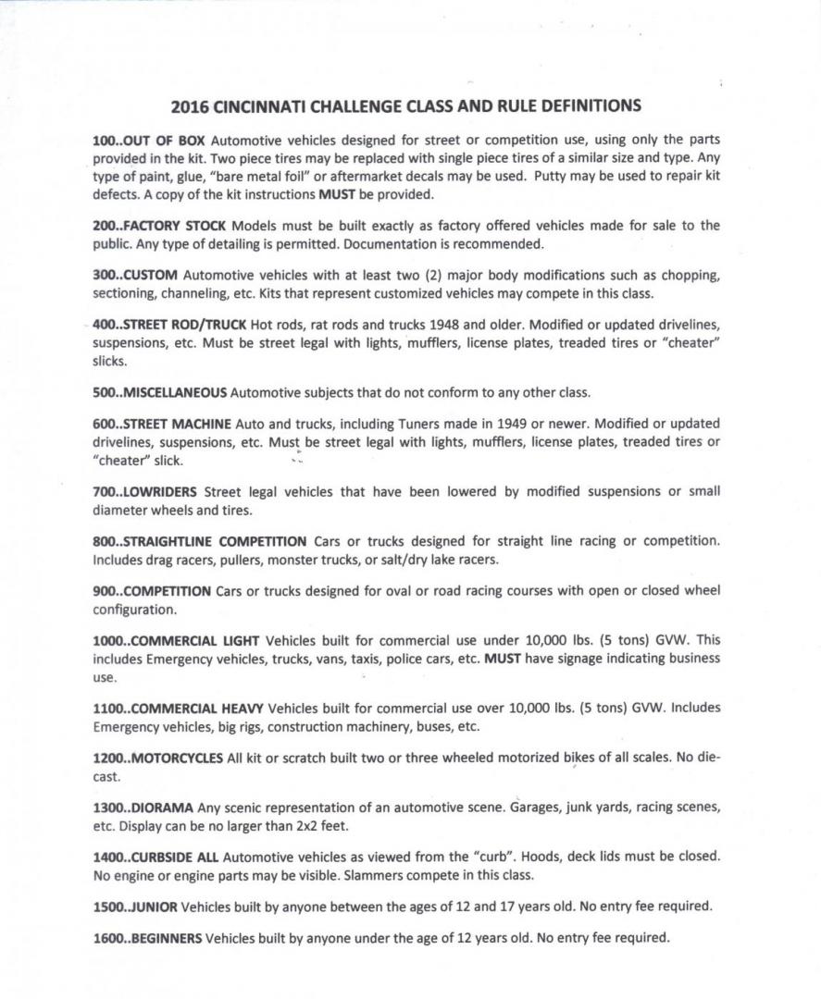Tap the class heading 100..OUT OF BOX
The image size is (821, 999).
point(149,140)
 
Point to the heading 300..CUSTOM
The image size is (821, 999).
point(135,276)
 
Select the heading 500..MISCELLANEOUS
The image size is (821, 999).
point(159,392)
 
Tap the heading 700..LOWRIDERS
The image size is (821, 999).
point(144,491)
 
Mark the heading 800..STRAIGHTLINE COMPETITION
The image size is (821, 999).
point(199,541)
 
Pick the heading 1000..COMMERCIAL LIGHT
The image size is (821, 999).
point(176,640)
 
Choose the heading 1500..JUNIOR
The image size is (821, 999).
point(135,906)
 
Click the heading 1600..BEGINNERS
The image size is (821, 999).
point(147,938)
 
